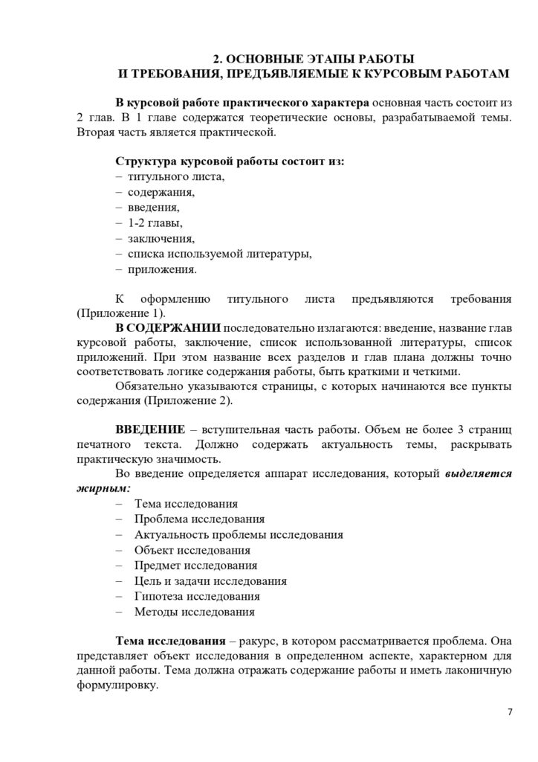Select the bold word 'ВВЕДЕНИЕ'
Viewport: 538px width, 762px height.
[149, 432]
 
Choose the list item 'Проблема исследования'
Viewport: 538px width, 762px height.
[200, 519]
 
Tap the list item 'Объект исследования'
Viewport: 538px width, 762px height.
[192, 550]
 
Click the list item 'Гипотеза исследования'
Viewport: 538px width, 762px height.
[198, 596]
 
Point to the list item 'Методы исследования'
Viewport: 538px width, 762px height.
[195, 612]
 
